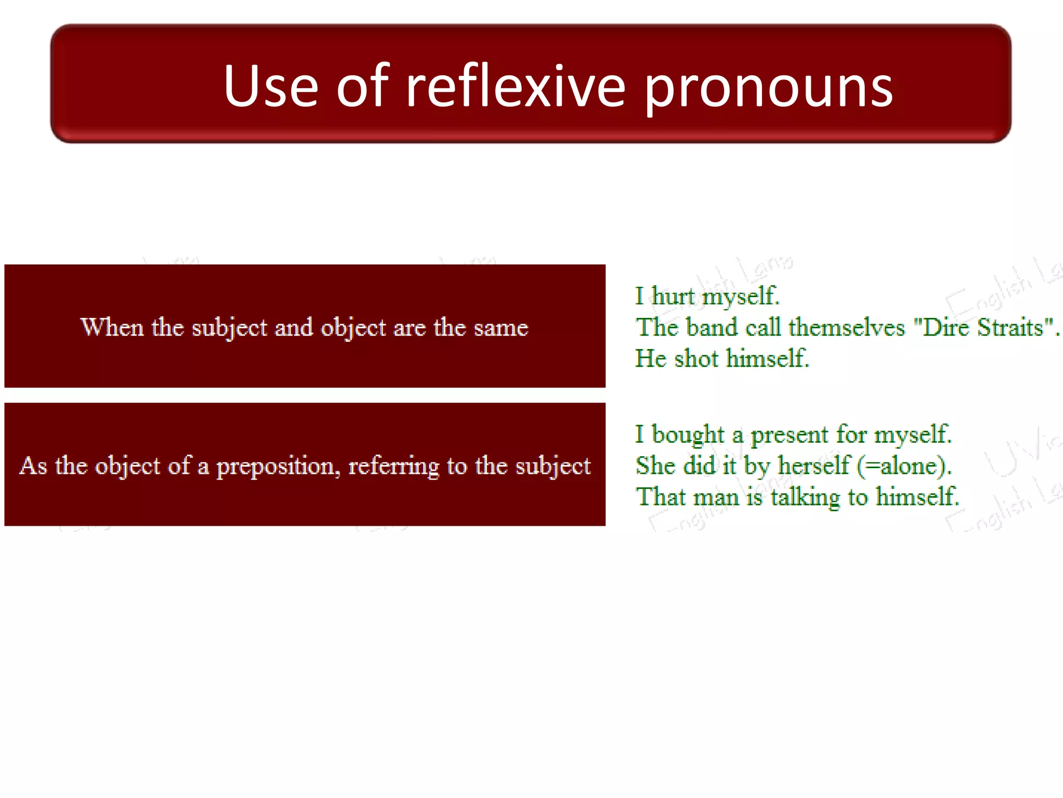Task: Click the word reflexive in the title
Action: coord(515,86)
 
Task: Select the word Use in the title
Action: coord(270,86)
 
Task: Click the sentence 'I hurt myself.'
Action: coord(707,296)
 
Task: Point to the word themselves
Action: coord(846,327)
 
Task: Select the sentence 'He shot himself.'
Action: coord(722,358)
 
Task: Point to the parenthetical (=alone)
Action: coord(904,465)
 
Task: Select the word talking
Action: coord(805,497)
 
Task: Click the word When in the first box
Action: coord(112,327)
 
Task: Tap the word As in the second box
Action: coord(33,465)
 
